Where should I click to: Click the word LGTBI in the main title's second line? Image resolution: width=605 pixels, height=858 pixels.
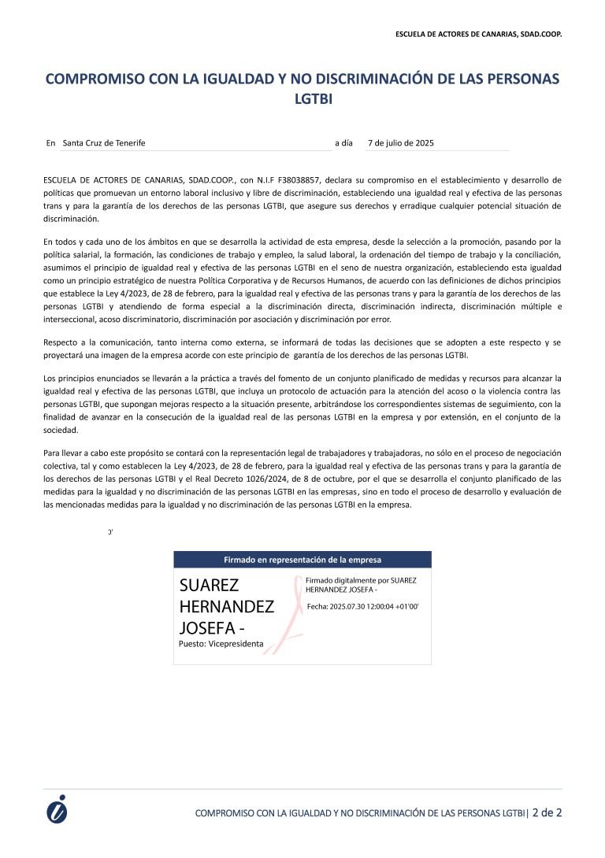pyautogui.click(x=302, y=100)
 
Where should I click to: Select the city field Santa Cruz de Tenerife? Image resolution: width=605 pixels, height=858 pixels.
pyautogui.click(x=104, y=143)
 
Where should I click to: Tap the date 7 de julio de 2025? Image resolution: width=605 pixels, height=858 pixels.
pyautogui.click(x=401, y=143)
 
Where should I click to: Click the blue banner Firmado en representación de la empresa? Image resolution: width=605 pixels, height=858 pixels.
pyautogui.click(x=302, y=560)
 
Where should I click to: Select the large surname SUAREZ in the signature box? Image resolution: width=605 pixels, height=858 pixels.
pyautogui.click(x=210, y=586)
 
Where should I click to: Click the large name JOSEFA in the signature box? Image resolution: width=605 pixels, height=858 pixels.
pyautogui.click(x=208, y=628)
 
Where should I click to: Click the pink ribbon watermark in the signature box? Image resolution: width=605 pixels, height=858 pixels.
pyautogui.click(x=293, y=614)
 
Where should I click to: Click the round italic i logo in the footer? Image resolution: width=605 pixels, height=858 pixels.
pyautogui.click(x=57, y=809)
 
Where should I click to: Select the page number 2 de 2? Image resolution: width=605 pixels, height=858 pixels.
pyautogui.click(x=547, y=812)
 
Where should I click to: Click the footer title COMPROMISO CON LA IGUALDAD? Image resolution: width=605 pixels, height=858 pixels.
pyautogui.click(x=360, y=812)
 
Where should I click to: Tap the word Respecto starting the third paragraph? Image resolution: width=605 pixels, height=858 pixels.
pyautogui.click(x=60, y=343)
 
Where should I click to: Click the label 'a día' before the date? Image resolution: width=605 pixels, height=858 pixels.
pyautogui.click(x=343, y=143)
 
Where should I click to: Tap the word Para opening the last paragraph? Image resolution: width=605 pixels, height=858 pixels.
pyautogui.click(x=52, y=453)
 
